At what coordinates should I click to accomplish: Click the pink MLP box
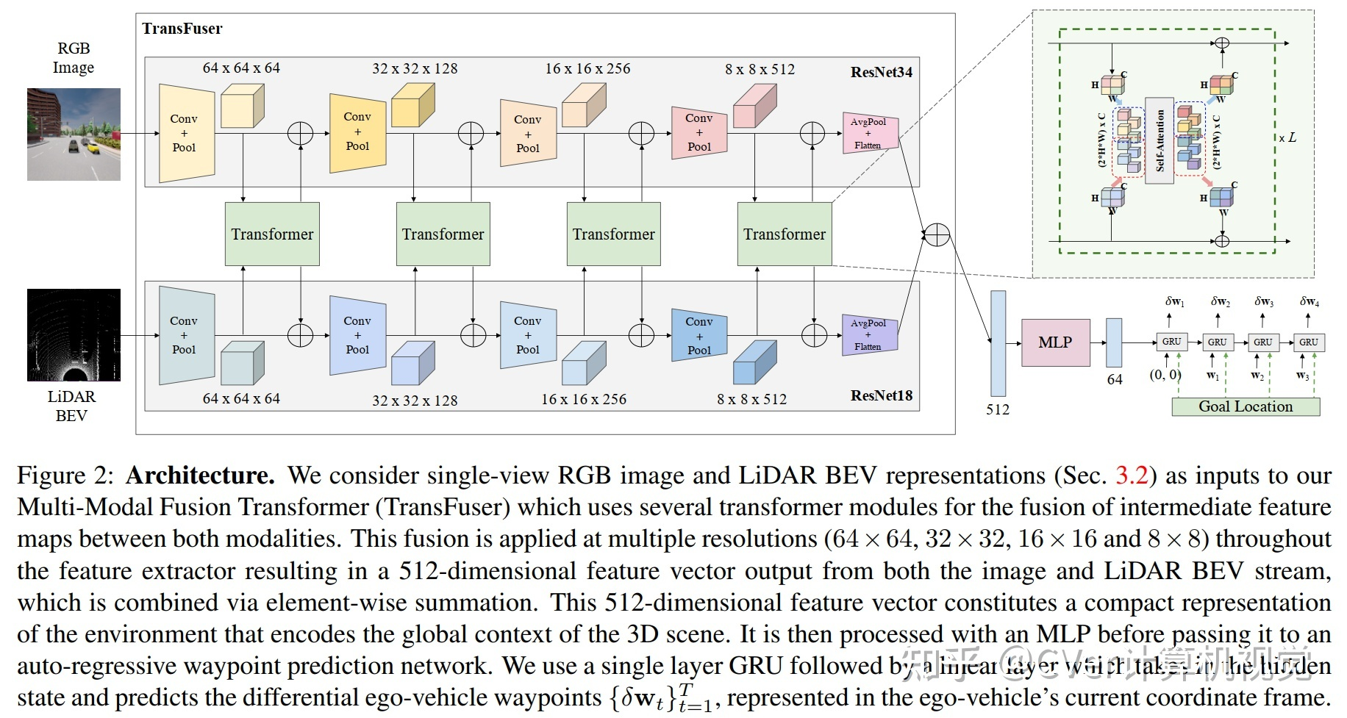[1055, 342]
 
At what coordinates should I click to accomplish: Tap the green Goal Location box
[1245, 406]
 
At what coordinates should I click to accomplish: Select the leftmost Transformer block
[272, 234]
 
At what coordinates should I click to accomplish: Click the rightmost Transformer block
[784, 234]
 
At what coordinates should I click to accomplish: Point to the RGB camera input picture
[74, 134]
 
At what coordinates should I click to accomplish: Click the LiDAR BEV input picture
[74, 335]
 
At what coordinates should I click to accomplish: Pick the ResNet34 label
[881, 72]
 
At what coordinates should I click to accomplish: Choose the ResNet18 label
[881, 395]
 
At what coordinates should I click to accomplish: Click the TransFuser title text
[182, 29]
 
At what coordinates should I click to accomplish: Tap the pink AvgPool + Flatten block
[869, 133]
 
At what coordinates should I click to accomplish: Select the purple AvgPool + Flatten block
[869, 334]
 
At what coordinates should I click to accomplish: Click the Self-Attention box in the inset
[1160, 140]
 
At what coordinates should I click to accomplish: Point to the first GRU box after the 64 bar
[1171, 342]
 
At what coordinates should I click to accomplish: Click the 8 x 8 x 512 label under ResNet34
[760, 69]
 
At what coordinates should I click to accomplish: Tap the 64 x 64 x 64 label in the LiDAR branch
[241, 398]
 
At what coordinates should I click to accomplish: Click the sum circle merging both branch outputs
[937, 234]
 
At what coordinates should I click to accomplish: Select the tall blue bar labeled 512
[998, 343]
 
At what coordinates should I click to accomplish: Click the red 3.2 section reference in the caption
[1132, 475]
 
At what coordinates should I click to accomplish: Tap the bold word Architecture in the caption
[200, 475]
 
